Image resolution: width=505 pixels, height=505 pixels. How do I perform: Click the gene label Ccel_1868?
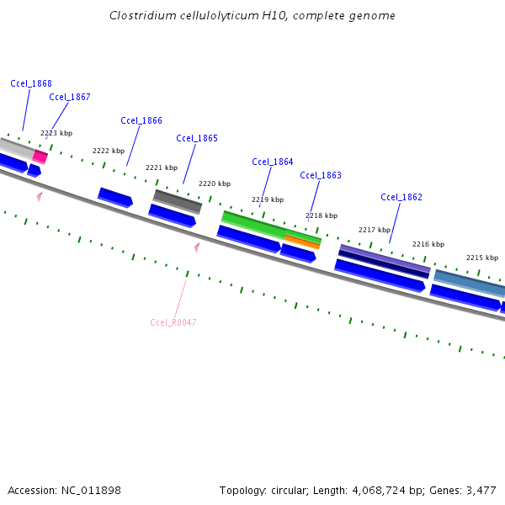(31, 83)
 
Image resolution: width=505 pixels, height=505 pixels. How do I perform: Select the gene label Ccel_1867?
(70, 97)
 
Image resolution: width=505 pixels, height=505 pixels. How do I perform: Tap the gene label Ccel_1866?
(141, 120)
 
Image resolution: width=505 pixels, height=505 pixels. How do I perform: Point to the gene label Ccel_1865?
(197, 138)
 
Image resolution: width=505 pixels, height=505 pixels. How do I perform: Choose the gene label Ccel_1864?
(273, 162)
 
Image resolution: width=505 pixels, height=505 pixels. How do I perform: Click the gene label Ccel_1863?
(321, 175)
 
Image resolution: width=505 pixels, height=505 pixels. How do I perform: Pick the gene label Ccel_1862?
(401, 197)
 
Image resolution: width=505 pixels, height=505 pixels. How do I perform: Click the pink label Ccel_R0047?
(173, 322)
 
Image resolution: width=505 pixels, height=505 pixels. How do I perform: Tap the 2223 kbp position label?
(56, 133)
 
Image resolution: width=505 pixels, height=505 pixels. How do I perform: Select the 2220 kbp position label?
(214, 183)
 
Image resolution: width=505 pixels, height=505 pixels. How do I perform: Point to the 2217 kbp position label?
(375, 230)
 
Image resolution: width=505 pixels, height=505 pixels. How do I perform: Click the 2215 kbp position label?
(482, 258)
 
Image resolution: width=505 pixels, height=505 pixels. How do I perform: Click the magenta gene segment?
(40, 157)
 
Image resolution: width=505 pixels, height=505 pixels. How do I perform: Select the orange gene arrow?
(302, 242)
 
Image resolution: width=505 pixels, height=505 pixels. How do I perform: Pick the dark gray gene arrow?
(178, 200)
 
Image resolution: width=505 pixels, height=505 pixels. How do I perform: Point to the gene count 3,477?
(481, 490)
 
